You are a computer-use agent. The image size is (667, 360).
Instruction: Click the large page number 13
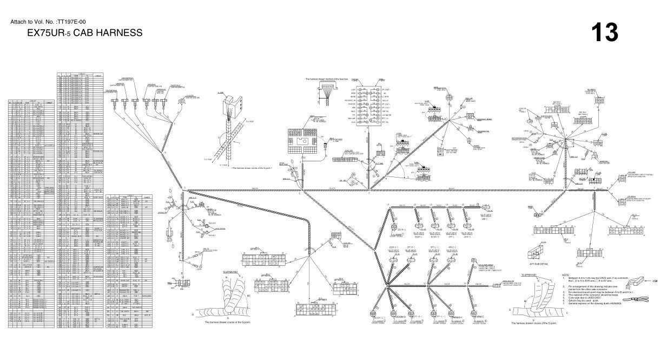[604, 32]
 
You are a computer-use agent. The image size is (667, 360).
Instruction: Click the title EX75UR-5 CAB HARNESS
[85, 33]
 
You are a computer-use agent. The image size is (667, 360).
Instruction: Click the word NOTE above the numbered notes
[566, 274]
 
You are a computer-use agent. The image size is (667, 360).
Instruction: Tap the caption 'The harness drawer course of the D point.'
[535, 323]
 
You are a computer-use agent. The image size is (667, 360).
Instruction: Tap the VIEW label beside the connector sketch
[654, 282]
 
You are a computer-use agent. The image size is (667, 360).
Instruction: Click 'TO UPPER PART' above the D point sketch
[527, 276]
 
